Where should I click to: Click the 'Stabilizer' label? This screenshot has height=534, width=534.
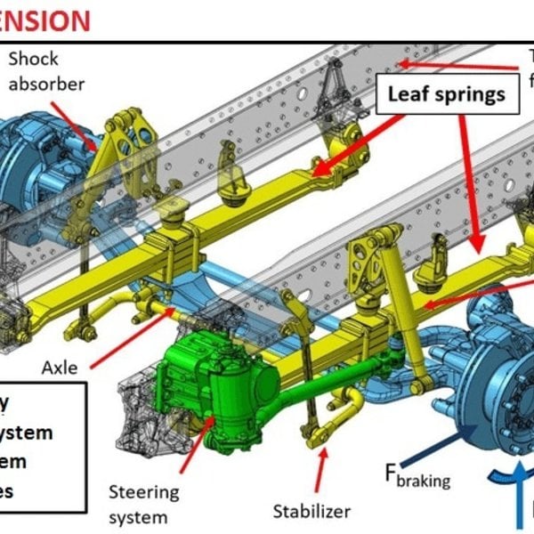312,511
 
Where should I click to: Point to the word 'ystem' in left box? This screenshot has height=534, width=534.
27,433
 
